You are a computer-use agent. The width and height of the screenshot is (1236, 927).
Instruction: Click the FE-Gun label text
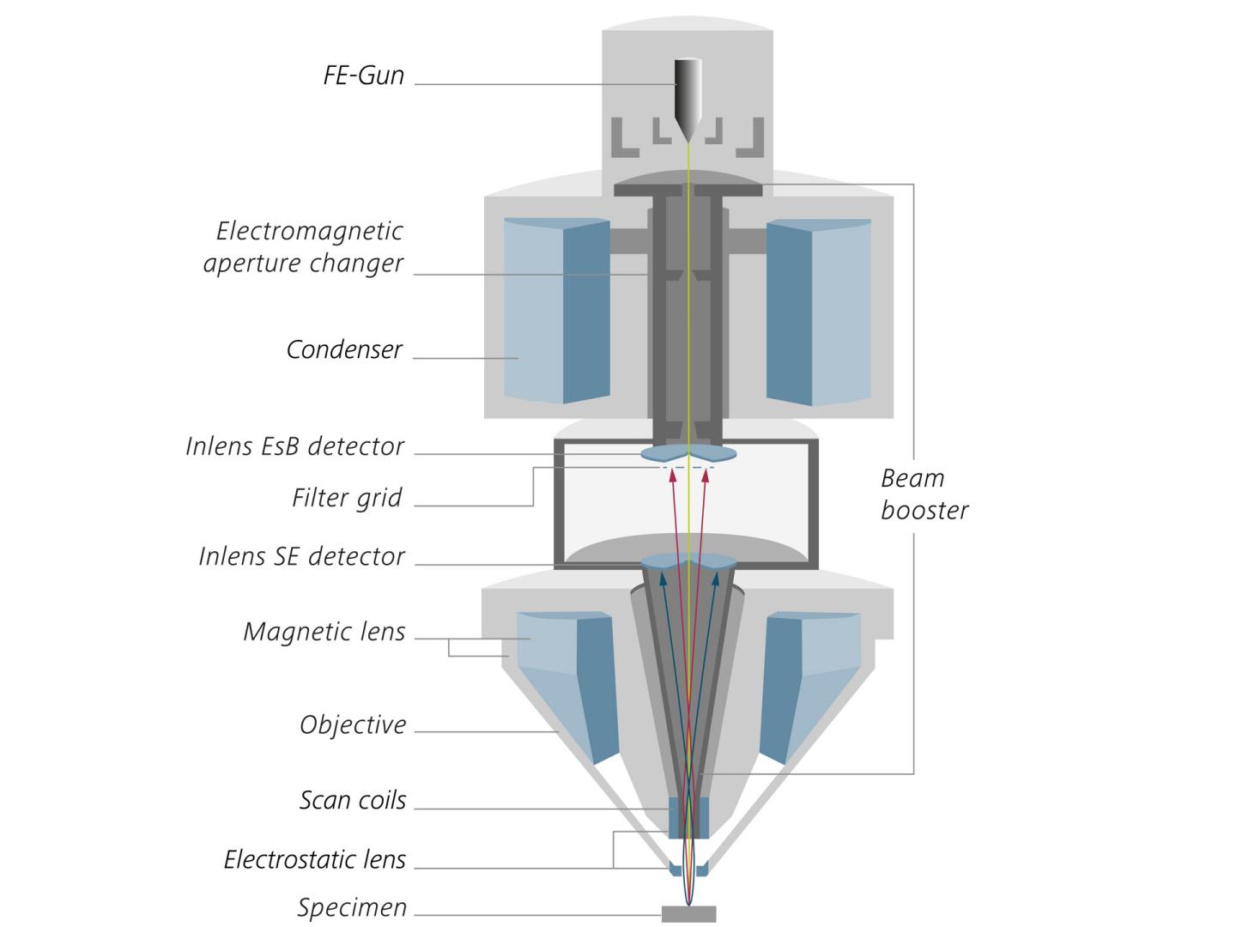(x=363, y=76)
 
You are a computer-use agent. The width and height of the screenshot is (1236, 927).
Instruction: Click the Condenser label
(x=344, y=350)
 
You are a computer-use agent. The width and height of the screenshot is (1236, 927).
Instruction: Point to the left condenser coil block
(x=555, y=310)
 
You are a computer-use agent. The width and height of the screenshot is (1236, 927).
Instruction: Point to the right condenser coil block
(x=819, y=310)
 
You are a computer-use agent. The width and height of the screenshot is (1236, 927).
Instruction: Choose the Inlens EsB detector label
(x=294, y=446)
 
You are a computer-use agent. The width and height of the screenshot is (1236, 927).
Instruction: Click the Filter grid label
(x=347, y=498)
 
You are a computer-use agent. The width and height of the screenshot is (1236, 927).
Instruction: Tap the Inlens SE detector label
(x=301, y=556)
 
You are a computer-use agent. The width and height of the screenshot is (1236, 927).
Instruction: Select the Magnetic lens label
(x=324, y=632)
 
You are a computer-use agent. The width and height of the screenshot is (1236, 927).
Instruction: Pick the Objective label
(x=353, y=724)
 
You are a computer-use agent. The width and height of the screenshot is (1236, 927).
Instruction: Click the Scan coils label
(x=353, y=800)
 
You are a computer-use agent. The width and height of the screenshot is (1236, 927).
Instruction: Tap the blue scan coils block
(x=688, y=817)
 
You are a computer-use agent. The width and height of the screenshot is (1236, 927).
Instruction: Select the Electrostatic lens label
(x=314, y=859)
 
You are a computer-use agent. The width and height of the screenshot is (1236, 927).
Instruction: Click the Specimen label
(x=352, y=907)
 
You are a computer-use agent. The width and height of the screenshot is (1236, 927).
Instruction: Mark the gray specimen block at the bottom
(x=688, y=913)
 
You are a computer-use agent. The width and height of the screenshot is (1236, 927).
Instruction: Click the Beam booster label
(x=924, y=494)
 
